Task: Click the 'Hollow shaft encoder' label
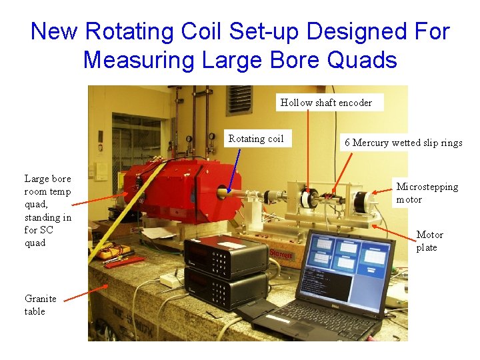[x=326, y=102]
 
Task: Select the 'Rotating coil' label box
[x=256, y=139]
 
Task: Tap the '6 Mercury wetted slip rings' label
[x=403, y=143]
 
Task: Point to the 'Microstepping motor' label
[x=427, y=193]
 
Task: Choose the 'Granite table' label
[x=41, y=305]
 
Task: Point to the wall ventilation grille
[x=239, y=100]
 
